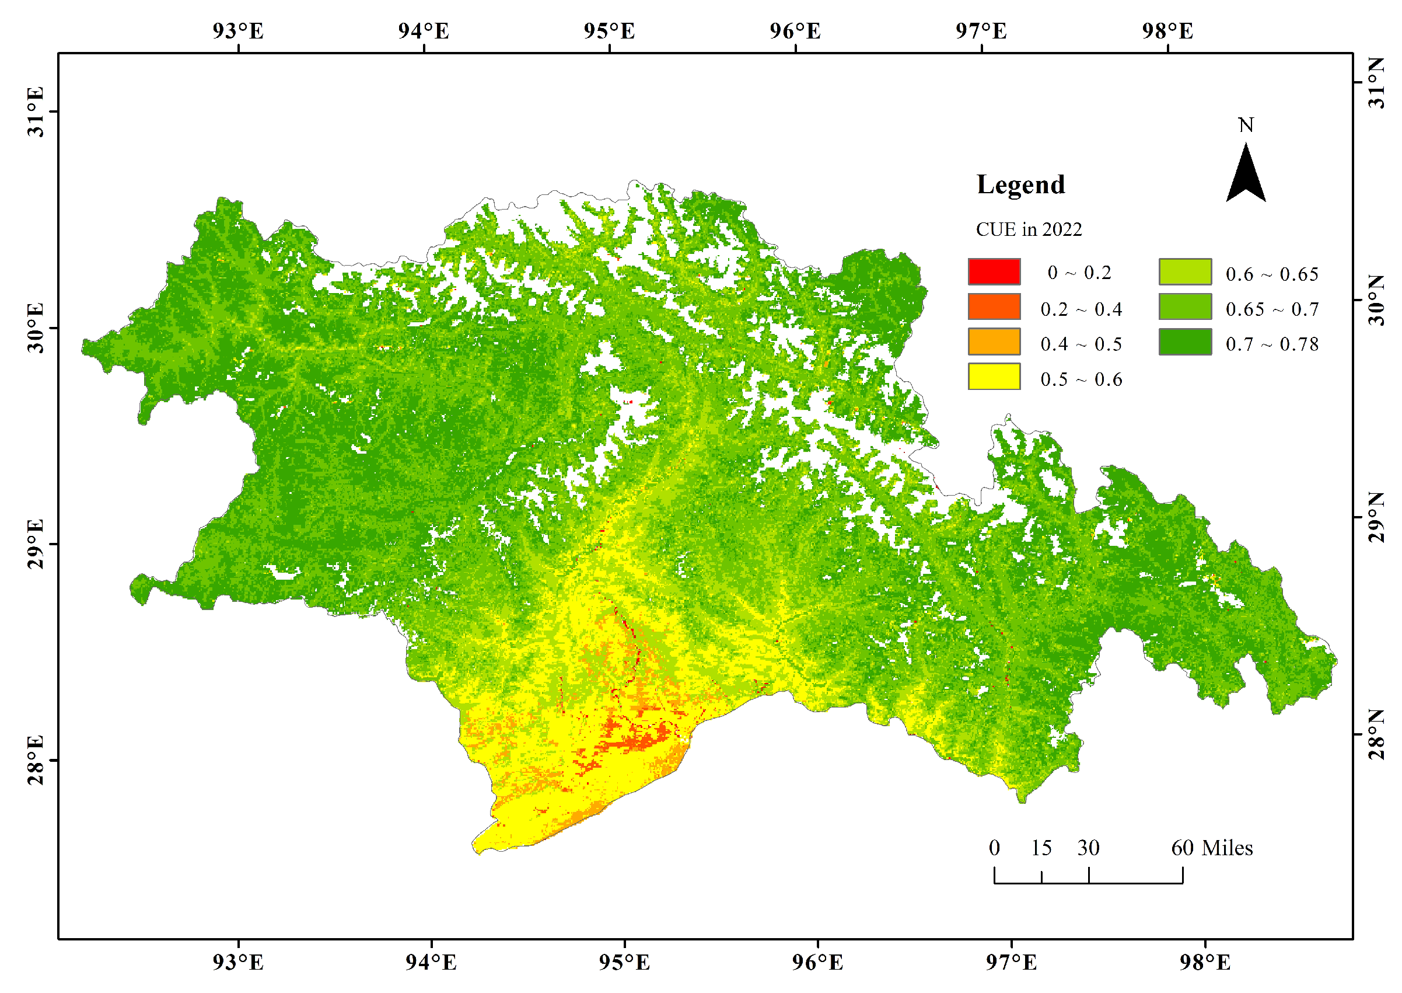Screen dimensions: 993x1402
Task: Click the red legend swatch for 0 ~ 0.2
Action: click(994, 271)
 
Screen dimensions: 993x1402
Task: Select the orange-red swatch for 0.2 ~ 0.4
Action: click(994, 306)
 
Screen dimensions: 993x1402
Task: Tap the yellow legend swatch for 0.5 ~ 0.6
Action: click(994, 376)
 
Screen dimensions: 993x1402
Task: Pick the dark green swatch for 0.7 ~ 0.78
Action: click(1184, 342)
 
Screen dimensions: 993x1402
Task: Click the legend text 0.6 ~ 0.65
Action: click(1271, 274)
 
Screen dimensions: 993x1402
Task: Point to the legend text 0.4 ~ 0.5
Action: click(1081, 344)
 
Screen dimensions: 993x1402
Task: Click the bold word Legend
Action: click(1020, 184)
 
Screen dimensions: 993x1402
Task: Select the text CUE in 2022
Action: click(1028, 229)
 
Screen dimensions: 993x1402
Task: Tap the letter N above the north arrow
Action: click(1245, 126)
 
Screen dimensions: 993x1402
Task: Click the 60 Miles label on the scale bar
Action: click(1211, 848)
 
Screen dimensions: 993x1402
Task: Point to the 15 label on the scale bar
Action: click(1041, 848)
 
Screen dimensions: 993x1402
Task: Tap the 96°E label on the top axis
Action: click(795, 30)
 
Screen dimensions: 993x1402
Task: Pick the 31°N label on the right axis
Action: click(1376, 83)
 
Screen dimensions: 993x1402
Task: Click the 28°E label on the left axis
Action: click(36, 760)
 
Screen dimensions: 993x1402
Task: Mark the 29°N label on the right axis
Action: click(1376, 517)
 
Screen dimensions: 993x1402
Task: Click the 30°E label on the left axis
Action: click(36, 327)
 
